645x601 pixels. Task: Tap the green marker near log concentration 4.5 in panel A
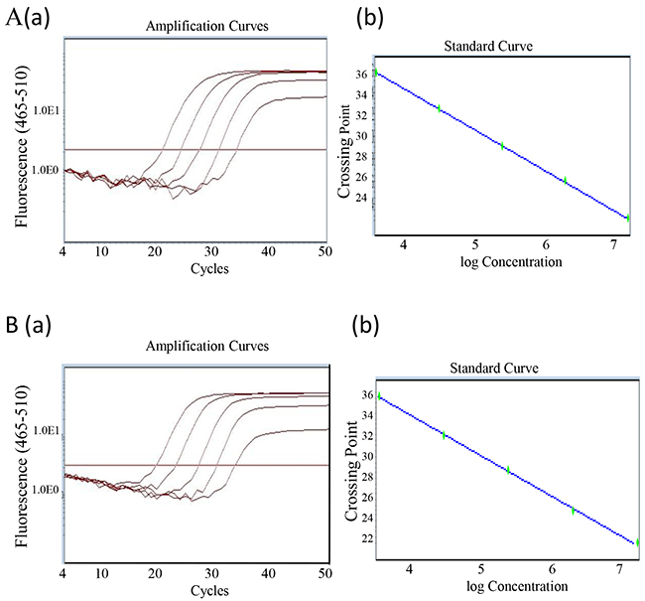click(438, 107)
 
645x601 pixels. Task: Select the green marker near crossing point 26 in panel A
click(565, 181)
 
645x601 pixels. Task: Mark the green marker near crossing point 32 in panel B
click(444, 435)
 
